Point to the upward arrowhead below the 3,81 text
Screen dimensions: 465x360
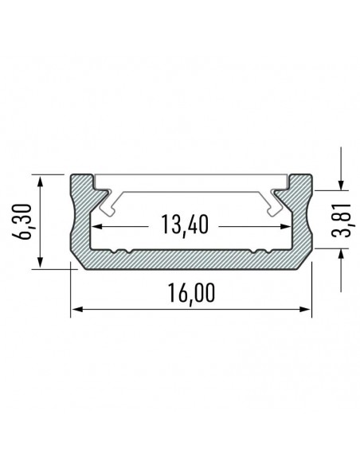(x=340, y=253)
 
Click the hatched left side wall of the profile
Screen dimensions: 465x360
(x=83, y=219)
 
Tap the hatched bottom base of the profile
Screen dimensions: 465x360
(x=192, y=260)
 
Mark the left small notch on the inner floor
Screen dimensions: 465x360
(x=121, y=251)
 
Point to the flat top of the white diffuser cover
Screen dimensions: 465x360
(x=192, y=182)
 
